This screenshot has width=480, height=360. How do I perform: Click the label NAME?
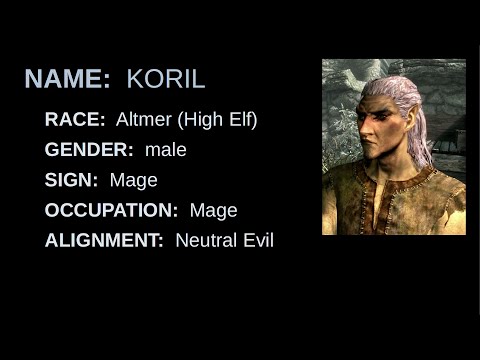(x=67, y=79)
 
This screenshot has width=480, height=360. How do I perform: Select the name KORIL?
(x=166, y=79)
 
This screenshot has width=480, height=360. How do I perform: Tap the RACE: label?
(x=75, y=120)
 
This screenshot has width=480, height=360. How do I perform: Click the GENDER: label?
(x=89, y=150)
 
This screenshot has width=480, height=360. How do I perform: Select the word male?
(x=166, y=150)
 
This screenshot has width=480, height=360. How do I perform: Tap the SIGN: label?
(x=71, y=180)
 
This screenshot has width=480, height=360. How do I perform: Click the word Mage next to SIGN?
(x=134, y=180)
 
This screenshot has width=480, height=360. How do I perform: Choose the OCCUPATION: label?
(x=111, y=210)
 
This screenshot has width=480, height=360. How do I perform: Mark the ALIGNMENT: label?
(x=104, y=240)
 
